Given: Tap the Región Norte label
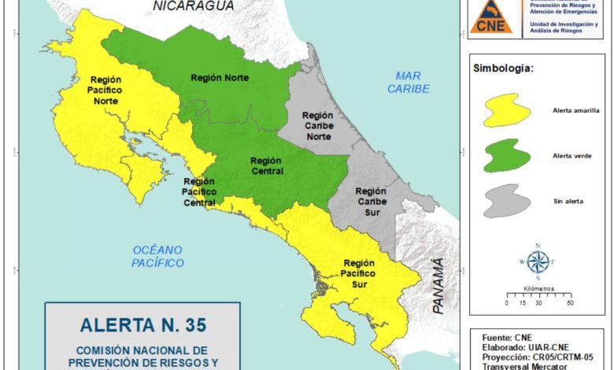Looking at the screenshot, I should (x=220, y=78).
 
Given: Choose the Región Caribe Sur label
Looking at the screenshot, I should (x=370, y=202).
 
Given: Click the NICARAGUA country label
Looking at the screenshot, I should (x=194, y=6).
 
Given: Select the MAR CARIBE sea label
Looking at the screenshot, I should (x=408, y=83).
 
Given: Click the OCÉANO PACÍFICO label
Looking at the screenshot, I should (x=157, y=257).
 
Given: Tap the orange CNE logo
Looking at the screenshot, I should (x=491, y=17).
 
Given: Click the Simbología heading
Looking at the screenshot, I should (x=503, y=68).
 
